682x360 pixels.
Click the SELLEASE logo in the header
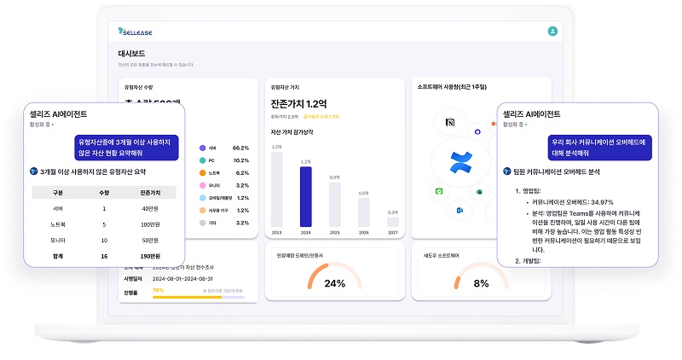tap(136, 32)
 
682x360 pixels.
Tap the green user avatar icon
tap(552, 31)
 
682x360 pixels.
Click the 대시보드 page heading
tap(131, 54)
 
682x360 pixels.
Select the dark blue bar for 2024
tap(306, 195)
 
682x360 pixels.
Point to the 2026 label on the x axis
tap(363, 231)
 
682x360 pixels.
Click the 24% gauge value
tap(334, 283)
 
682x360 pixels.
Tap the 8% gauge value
tap(481, 283)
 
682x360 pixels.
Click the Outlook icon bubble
tap(459, 210)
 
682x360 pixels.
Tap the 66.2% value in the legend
tap(240, 148)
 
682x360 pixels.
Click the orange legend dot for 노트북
tap(202, 172)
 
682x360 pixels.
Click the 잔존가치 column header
tap(154, 193)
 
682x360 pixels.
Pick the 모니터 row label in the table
tap(59, 239)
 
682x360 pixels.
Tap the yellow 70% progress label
tap(158, 290)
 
